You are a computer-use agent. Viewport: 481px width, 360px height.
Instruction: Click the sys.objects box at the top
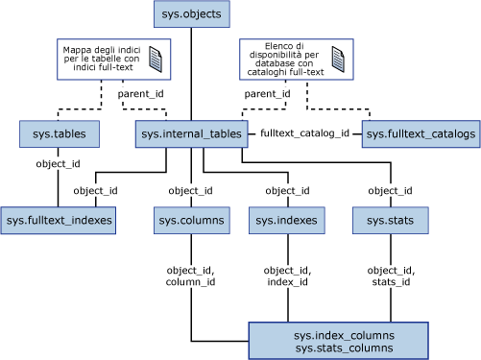192,15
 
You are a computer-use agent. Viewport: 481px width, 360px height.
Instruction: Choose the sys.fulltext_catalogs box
421,134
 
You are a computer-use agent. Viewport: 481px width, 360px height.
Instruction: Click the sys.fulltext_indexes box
59,221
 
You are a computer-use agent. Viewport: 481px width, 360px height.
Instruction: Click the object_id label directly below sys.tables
58,163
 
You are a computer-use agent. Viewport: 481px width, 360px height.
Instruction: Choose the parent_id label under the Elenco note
268,94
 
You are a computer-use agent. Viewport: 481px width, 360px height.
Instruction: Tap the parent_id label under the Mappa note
140,94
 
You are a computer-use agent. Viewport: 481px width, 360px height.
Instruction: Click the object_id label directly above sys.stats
390,190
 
